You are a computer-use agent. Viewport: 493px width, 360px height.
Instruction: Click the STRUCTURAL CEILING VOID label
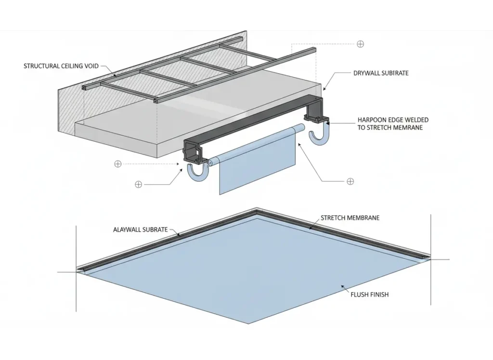pos(61,66)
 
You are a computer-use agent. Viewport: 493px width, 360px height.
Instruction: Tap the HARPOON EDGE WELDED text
pos(393,120)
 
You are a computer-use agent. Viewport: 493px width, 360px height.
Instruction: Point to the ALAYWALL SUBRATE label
pos(141,230)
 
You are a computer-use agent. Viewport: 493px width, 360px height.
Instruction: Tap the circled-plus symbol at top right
pos(360,44)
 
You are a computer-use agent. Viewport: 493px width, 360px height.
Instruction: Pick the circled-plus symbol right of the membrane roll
pos(350,181)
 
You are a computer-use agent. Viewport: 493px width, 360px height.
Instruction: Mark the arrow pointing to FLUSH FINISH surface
pos(344,288)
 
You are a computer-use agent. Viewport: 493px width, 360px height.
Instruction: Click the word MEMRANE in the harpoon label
pos(409,128)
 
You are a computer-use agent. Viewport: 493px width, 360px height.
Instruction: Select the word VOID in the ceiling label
pos(90,66)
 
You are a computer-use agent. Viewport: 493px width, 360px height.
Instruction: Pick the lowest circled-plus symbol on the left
pos(139,185)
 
